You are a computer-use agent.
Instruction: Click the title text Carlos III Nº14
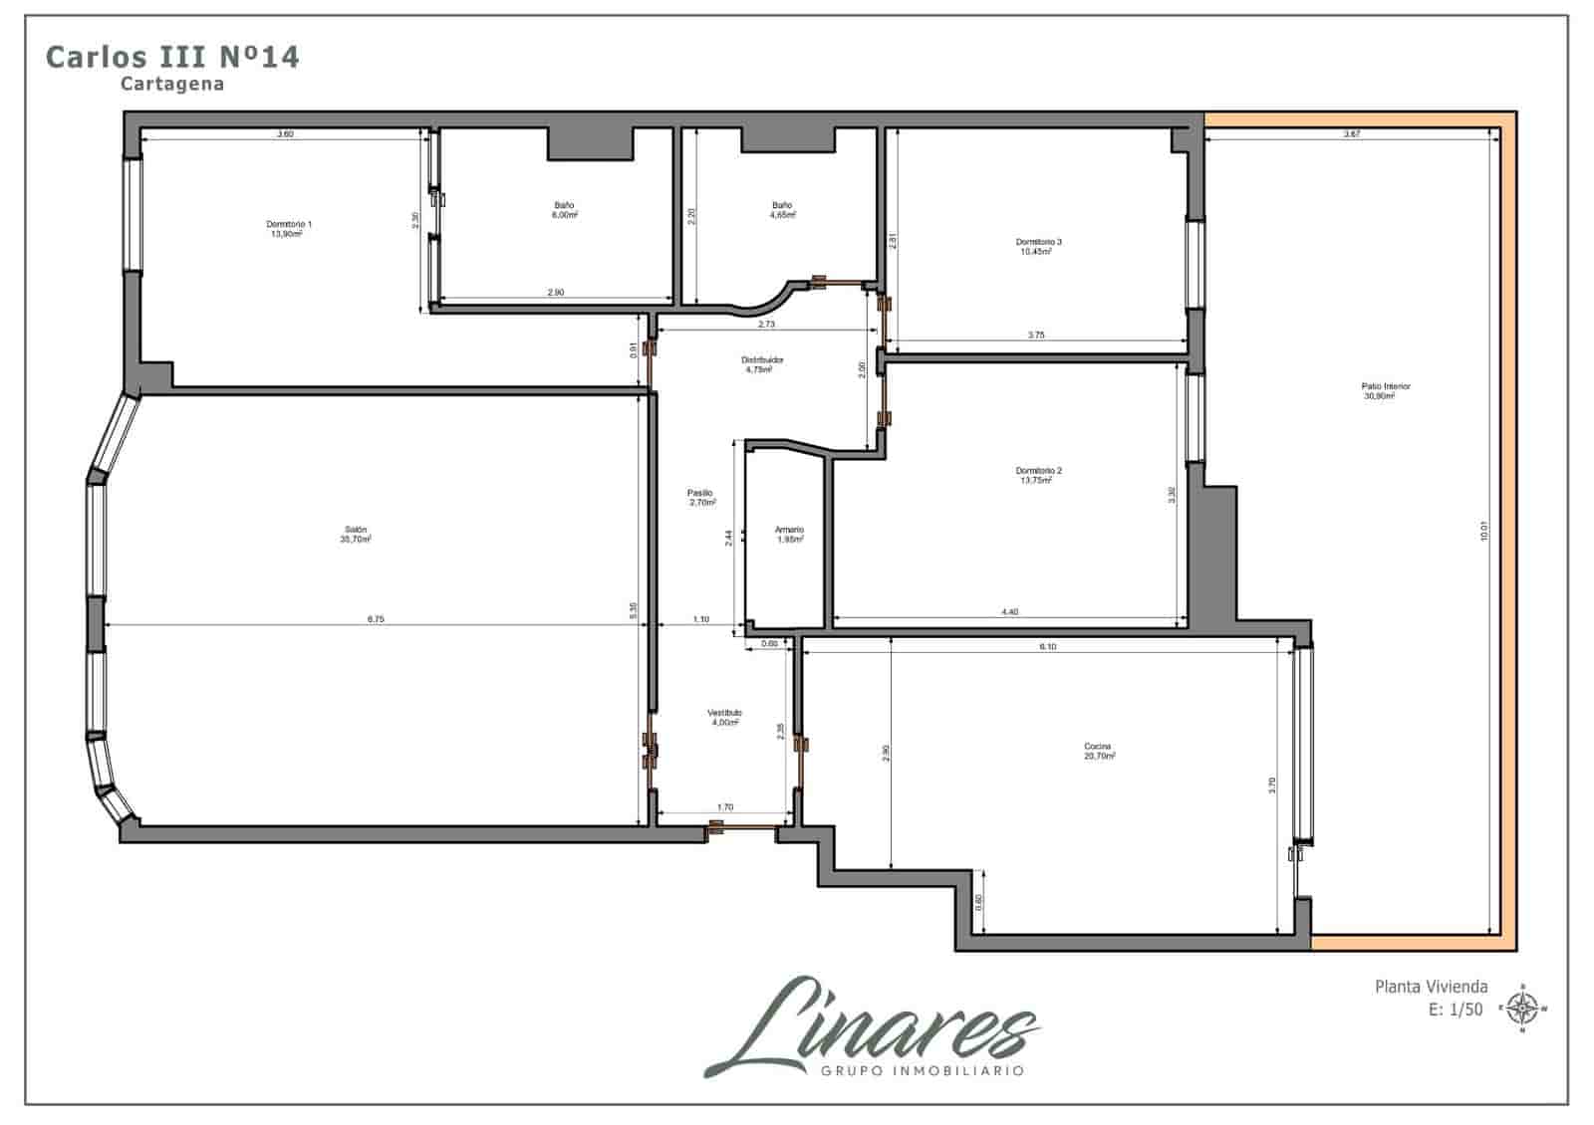[172, 57]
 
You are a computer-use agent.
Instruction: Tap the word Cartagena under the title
[172, 85]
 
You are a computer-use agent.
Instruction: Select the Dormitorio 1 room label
[289, 225]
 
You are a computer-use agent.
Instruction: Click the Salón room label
[356, 530]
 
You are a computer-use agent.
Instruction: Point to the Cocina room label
[1098, 747]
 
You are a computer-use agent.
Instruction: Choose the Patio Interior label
[1386, 386]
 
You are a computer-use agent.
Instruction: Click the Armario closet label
[789, 531]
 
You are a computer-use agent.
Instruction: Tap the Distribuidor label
[762, 359]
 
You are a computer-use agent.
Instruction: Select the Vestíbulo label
[724, 714]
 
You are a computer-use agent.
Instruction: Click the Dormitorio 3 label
[1038, 242]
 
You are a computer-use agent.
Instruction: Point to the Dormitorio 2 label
[1038, 471]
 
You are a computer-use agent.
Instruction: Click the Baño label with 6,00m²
[564, 206]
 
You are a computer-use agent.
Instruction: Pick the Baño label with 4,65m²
[782, 206]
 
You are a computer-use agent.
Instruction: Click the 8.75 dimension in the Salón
[376, 619]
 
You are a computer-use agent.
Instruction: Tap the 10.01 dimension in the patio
[1483, 532]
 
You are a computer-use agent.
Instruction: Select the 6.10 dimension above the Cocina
[1047, 647]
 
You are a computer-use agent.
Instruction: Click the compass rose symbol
[1522, 1009]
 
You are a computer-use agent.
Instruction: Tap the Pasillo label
[700, 494]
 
